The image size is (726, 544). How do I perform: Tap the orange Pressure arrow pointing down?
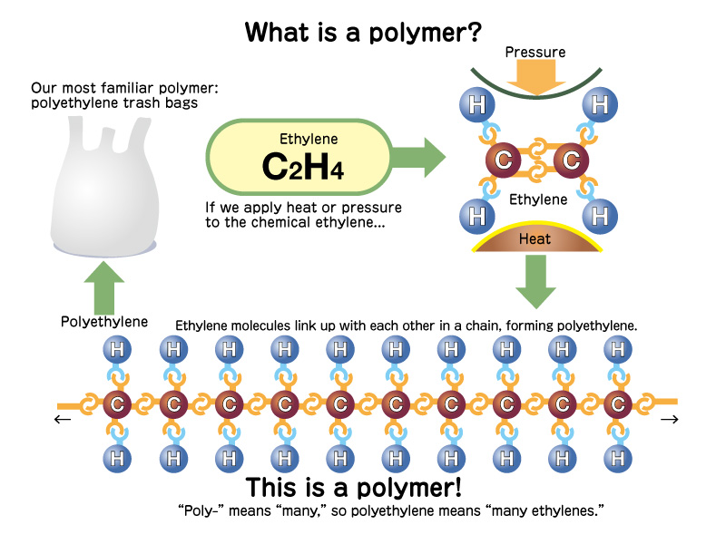535,81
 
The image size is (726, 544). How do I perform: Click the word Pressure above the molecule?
535,52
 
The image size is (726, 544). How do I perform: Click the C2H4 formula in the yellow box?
302,166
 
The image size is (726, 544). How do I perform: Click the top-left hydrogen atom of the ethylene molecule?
476,104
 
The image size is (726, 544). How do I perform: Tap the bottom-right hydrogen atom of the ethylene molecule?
599,216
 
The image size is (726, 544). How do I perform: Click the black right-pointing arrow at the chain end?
670,419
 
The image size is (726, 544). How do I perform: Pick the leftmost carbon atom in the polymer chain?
116,403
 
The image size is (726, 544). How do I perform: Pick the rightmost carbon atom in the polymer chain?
618,403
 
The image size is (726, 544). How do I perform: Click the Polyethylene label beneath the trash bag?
104,322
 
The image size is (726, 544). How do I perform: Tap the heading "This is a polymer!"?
354,486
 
